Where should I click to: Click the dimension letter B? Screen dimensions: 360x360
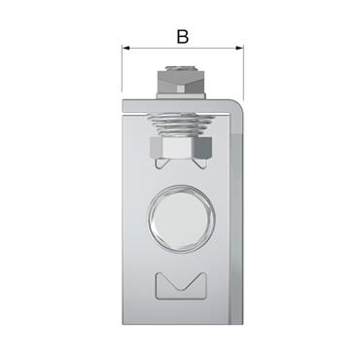182,37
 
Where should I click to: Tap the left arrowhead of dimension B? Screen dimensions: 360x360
126,47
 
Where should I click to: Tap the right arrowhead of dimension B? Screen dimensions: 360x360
236,47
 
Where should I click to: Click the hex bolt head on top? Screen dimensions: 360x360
181,76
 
